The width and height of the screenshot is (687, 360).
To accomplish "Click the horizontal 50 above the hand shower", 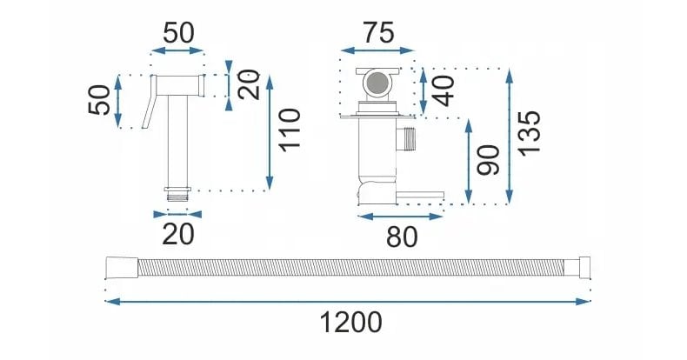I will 178,33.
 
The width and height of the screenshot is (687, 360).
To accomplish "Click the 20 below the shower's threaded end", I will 177,233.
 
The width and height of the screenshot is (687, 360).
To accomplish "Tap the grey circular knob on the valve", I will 377,84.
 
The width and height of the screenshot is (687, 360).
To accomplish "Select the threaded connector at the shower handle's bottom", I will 177,193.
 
